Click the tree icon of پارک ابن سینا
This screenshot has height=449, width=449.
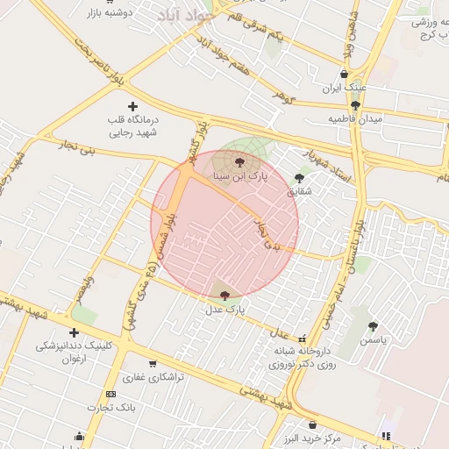point(240,161)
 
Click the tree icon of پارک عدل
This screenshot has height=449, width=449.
point(225,296)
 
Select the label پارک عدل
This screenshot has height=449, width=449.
point(225,310)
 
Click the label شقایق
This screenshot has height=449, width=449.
point(299,190)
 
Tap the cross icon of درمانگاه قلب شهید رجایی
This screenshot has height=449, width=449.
point(132,105)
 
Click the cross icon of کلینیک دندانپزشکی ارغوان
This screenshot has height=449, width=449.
point(74,332)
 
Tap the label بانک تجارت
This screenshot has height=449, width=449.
point(110,408)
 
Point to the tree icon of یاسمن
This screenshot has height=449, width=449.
point(373,325)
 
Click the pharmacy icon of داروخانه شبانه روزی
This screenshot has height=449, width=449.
point(303,338)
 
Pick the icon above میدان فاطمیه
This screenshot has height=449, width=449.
point(355,105)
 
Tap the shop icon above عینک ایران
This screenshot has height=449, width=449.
point(343,75)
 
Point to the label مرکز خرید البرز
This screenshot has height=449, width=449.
point(311,437)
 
